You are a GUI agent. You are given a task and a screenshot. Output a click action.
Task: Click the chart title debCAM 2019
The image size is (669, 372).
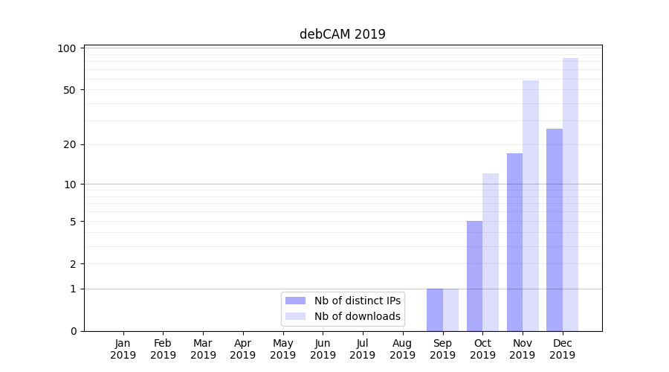click(342, 34)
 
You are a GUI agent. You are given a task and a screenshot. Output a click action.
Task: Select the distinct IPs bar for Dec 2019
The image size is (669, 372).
click(555, 230)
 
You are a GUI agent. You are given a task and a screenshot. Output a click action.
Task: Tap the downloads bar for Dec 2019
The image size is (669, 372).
click(570, 194)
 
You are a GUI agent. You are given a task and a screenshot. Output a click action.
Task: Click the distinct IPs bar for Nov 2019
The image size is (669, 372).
click(514, 242)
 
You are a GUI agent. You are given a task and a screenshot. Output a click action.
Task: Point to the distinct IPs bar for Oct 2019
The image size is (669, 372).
click(474, 276)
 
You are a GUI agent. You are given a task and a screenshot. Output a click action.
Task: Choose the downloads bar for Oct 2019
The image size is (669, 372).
click(491, 252)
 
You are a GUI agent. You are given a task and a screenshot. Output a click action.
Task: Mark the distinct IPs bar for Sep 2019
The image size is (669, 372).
click(435, 310)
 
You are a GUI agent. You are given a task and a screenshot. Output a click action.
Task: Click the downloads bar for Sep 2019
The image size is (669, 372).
click(450, 310)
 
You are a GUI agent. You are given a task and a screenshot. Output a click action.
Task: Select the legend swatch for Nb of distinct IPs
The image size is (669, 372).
click(295, 301)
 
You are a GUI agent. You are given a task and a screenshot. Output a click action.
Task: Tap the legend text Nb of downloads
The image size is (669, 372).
click(358, 316)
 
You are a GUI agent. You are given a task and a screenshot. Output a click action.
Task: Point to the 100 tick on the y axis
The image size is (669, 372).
click(68, 48)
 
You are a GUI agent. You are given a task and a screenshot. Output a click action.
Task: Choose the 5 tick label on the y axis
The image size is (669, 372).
click(74, 221)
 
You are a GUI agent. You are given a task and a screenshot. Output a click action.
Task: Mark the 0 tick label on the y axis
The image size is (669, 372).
click(74, 331)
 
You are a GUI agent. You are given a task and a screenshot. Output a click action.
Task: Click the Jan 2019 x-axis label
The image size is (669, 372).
click(123, 349)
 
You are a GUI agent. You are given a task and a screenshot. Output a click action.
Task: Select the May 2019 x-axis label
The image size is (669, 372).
click(282, 349)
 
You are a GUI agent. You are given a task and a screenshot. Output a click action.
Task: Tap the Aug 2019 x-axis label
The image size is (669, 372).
click(402, 349)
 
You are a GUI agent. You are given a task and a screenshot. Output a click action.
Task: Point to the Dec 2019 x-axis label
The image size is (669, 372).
click(562, 349)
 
